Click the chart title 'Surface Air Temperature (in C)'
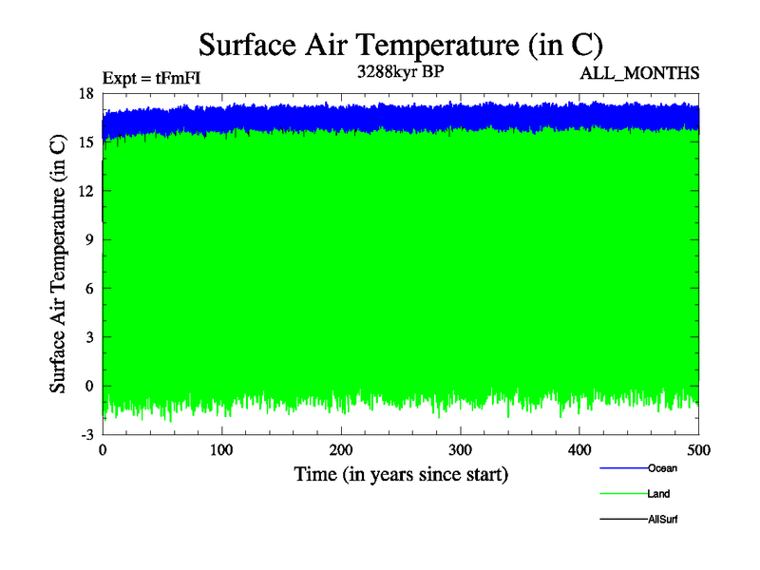click(x=400, y=44)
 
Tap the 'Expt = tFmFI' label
click(x=151, y=78)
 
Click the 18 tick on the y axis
click(x=85, y=93)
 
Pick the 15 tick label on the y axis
click(x=85, y=142)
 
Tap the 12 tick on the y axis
click(x=85, y=190)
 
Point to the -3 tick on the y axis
click(x=85, y=434)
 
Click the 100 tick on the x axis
click(x=221, y=449)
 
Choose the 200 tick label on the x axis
click(x=341, y=449)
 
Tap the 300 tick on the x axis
click(x=460, y=449)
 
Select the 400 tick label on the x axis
click(x=579, y=449)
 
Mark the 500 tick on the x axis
click(x=698, y=449)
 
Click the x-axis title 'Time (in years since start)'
click(x=400, y=473)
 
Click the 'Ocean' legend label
click(x=662, y=468)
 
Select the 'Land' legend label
click(x=659, y=494)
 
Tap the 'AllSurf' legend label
click(x=663, y=520)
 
